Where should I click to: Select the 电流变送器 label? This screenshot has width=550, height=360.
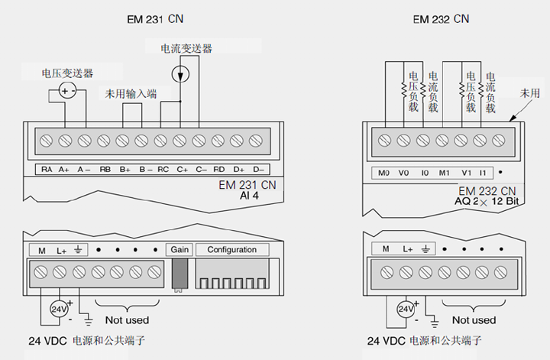click(x=186, y=48)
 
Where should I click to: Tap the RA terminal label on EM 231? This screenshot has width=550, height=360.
click(x=47, y=169)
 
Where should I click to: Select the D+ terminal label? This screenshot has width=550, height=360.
click(x=238, y=169)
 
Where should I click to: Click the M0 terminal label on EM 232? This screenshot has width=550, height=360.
click(x=384, y=174)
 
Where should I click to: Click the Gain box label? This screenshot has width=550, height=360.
click(x=179, y=250)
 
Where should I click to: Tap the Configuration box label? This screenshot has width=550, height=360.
click(x=231, y=250)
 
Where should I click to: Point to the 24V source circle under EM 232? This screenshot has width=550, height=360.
click(x=406, y=309)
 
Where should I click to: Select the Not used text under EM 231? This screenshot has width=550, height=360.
click(x=127, y=319)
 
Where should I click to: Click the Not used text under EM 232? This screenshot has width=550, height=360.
click(x=474, y=319)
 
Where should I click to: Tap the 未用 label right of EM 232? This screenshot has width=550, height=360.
click(x=529, y=92)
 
